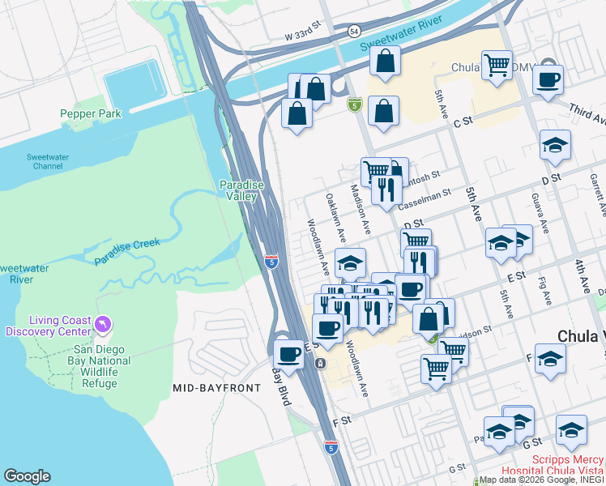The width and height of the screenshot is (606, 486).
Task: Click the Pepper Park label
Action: tap(91, 114)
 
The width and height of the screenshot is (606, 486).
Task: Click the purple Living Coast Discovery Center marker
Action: tap(102, 325)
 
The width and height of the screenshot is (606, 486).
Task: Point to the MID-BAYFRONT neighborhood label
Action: tap(217, 388)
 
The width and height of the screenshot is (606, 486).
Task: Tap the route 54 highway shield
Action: tap(354, 30)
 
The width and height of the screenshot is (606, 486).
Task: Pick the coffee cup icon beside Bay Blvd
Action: tap(289, 353)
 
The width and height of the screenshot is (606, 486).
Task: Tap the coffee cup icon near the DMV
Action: tap(548, 80)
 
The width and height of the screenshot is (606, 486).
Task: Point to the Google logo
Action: tap(27, 476)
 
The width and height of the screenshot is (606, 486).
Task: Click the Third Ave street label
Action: tap(587, 114)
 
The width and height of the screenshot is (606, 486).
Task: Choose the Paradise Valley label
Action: tap(242, 190)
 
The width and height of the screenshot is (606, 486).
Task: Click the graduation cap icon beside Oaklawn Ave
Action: tap(350, 263)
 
